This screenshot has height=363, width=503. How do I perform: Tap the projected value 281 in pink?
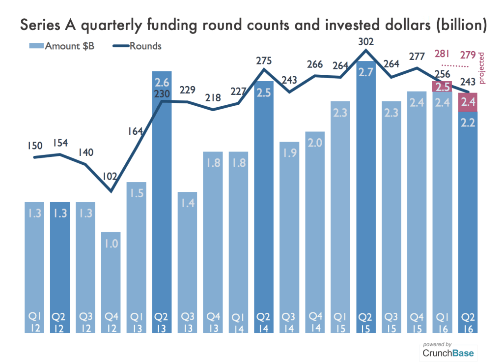tap(442, 54)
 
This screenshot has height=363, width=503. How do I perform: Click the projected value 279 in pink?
tap(467, 55)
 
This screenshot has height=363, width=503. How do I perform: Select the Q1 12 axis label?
tap(34, 322)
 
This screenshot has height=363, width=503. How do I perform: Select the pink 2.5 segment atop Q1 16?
tap(442, 87)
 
